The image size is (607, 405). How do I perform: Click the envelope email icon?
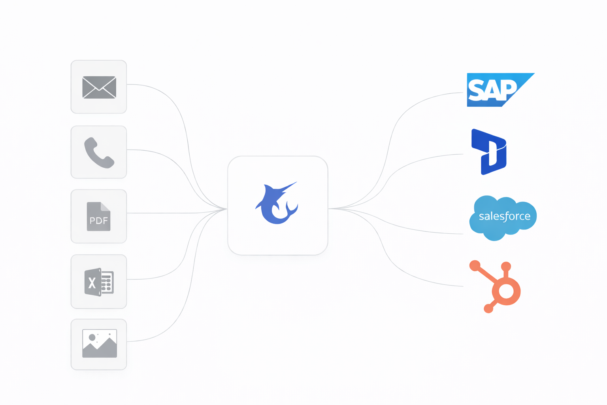99,87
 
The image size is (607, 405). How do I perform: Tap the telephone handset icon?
99,153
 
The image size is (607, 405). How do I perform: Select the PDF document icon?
99,217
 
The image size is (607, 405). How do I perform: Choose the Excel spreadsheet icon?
99,282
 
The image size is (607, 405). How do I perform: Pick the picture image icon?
99,343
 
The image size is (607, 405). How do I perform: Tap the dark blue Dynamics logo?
489,152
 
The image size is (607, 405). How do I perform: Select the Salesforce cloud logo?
503,218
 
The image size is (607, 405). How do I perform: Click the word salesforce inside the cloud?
504,216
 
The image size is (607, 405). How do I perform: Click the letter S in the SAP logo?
476,90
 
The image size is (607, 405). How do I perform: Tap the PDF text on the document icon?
98,221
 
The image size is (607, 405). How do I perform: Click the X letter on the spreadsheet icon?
92,283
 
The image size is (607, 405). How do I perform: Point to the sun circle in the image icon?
92,337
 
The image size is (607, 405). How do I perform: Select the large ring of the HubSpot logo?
506,291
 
